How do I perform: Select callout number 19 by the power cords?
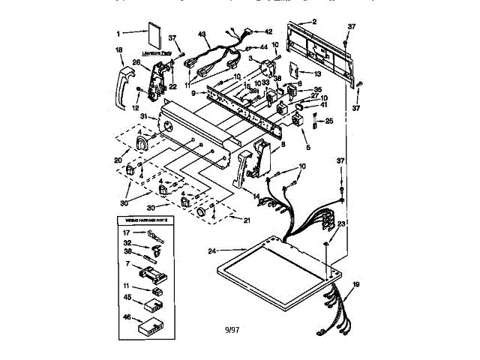pyautogui.click(x=355, y=284)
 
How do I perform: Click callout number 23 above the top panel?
pyautogui.click(x=341, y=223)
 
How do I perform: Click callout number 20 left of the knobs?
pyautogui.click(x=118, y=159)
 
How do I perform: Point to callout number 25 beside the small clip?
pyautogui.click(x=328, y=121)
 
